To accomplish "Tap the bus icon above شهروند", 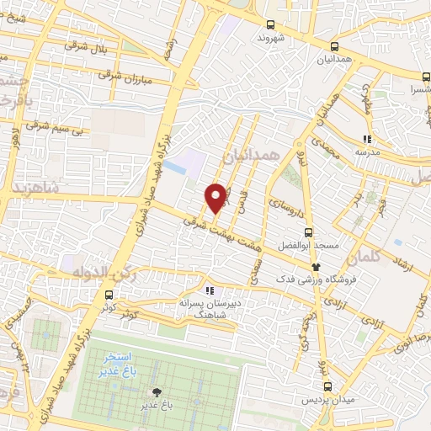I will [x=269, y=25].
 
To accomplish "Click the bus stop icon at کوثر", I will [x=109, y=295].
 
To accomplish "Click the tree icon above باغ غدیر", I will [x=156, y=391].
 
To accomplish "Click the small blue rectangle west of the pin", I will [x=175, y=167].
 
